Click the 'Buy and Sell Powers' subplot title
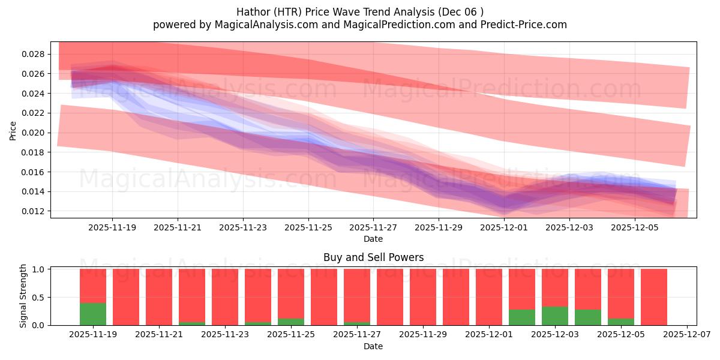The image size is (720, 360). pyautogui.click(x=373, y=257)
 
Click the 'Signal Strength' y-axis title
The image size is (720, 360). pyautogui.click(x=23, y=296)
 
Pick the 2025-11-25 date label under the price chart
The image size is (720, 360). pyautogui.click(x=308, y=228)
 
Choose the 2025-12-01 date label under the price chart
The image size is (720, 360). pyautogui.click(x=504, y=228)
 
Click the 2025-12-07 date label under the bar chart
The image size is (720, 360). pyautogui.click(x=685, y=335)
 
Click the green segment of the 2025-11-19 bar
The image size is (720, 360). pyautogui.click(x=93, y=314)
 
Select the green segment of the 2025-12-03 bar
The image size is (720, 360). pyautogui.click(x=555, y=316)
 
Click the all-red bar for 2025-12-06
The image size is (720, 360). pyautogui.click(x=654, y=297)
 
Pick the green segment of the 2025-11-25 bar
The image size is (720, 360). pyautogui.click(x=291, y=322)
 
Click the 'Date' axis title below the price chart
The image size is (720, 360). pyautogui.click(x=373, y=239)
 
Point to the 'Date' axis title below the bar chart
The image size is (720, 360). pyautogui.click(x=373, y=346)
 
